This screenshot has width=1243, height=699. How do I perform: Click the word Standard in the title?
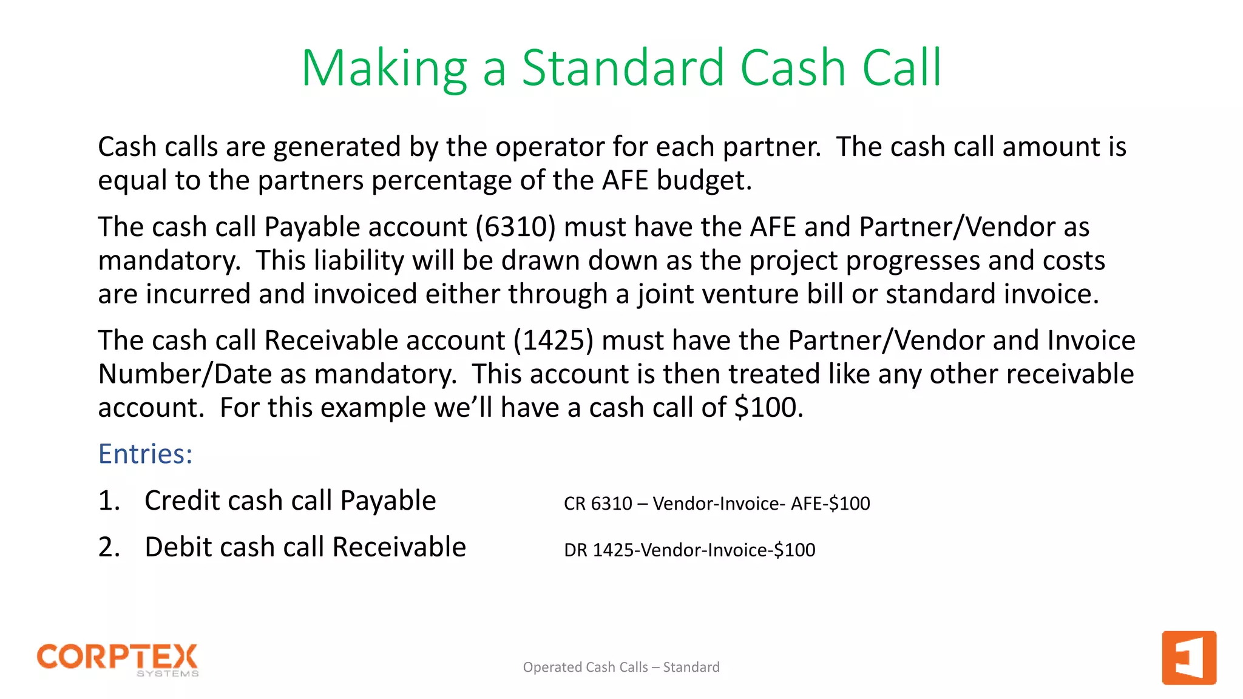click(624, 67)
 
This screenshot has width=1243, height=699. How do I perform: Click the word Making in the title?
click(384, 69)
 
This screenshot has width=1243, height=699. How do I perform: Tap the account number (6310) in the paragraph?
click(515, 227)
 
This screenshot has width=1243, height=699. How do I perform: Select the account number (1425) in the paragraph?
click(554, 340)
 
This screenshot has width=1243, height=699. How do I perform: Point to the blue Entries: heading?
click(146, 454)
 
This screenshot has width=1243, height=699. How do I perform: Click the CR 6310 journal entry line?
click(716, 504)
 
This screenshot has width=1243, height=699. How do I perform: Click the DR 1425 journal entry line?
click(689, 550)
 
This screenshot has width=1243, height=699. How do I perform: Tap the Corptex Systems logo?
click(118, 660)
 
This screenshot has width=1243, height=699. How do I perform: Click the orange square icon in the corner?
click(1188, 658)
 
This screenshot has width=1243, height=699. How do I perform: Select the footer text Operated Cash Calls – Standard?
click(621, 667)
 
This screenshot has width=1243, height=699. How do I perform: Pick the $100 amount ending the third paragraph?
click(768, 408)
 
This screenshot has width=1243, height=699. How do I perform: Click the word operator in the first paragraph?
click(550, 147)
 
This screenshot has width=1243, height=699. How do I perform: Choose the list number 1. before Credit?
click(109, 501)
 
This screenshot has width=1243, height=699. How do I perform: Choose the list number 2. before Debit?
click(109, 548)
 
